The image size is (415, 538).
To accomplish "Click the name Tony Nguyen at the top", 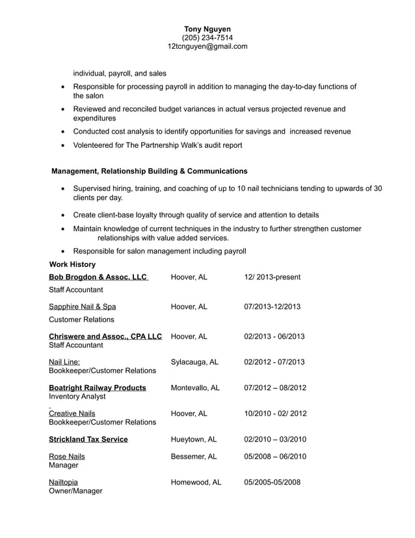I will [207, 29].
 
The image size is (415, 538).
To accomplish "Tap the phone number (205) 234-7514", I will [207, 38].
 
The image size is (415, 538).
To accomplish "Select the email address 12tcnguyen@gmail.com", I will [207, 46].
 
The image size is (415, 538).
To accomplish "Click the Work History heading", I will [72, 264].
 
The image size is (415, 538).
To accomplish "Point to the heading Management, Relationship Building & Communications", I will [149, 171].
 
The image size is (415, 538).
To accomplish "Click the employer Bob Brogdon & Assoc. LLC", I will [98, 277].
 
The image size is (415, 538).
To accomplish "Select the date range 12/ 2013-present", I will [272, 277].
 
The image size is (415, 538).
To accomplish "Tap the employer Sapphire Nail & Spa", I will [83, 306].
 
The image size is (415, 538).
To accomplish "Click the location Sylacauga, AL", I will [194, 361].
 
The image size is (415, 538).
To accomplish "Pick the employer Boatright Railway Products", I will [98, 388].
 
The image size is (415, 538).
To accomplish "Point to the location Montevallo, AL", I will [195, 388].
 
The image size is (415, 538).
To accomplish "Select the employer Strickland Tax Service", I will [88, 439].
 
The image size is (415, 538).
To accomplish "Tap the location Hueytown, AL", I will [193, 439].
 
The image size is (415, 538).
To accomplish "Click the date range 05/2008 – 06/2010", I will [274, 457].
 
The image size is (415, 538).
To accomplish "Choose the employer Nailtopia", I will [64, 482].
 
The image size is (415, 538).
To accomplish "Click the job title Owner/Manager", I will [75, 491].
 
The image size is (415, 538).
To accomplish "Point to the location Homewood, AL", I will [196, 482].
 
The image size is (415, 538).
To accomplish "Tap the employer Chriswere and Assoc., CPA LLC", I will [105, 336].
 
